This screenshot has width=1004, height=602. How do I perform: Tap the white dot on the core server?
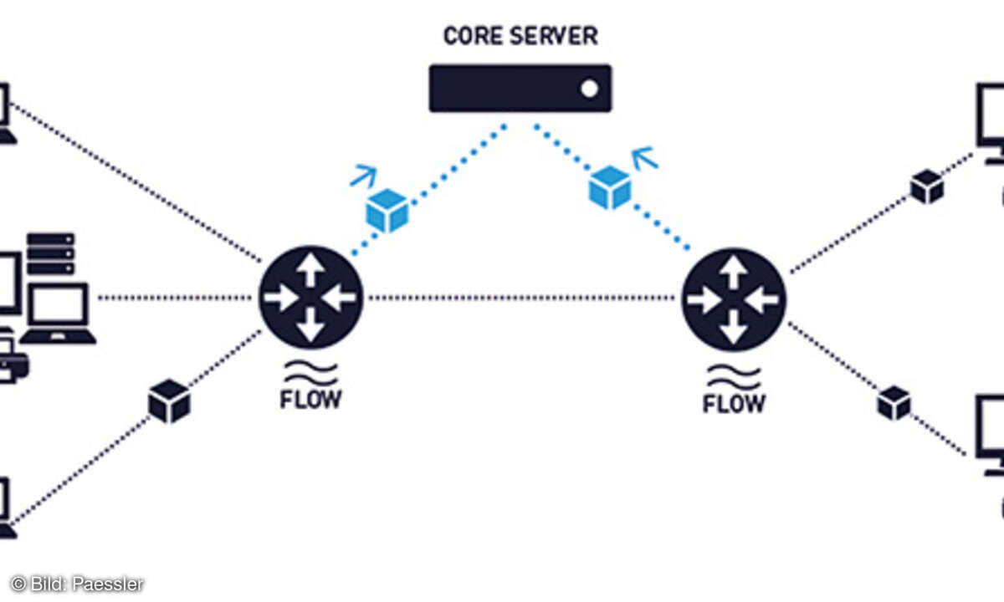click(590, 89)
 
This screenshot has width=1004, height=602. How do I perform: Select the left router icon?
click(310, 297)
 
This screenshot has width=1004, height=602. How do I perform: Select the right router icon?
click(734, 298)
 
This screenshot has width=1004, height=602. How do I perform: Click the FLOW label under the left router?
click(310, 399)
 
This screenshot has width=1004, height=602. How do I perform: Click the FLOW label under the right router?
click(734, 403)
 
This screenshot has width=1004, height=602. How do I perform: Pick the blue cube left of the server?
click(387, 211)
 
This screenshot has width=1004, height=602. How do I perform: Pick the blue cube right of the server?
click(610, 187)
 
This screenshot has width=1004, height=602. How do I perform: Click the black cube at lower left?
click(169, 400)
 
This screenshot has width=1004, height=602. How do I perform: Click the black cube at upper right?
click(927, 186)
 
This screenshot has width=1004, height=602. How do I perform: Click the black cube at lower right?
click(894, 403)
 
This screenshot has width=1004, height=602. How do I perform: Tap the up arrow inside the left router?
click(310, 269)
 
